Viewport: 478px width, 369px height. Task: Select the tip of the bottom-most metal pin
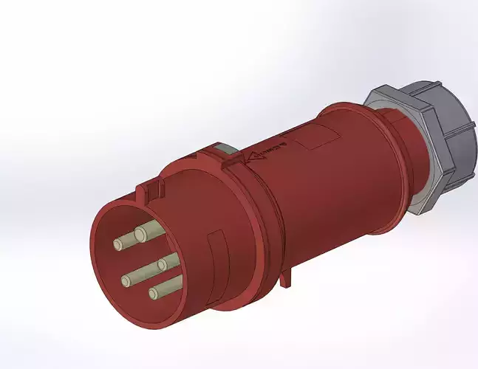click(x=153, y=294)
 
